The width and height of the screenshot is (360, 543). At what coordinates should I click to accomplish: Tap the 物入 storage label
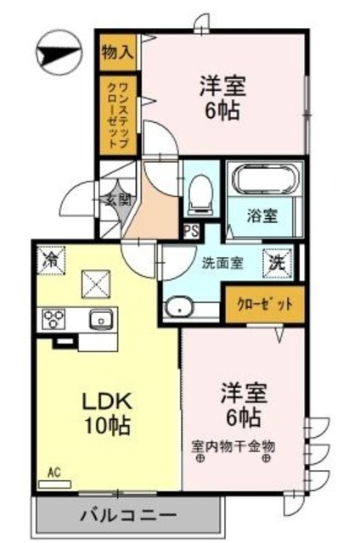pos(117,51)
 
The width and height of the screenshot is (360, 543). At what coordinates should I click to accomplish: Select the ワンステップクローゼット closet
pos(118,114)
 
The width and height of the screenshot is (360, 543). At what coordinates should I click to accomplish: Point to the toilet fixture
pos(200,192)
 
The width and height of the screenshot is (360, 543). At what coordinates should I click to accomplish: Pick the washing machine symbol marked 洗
pos(279,262)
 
